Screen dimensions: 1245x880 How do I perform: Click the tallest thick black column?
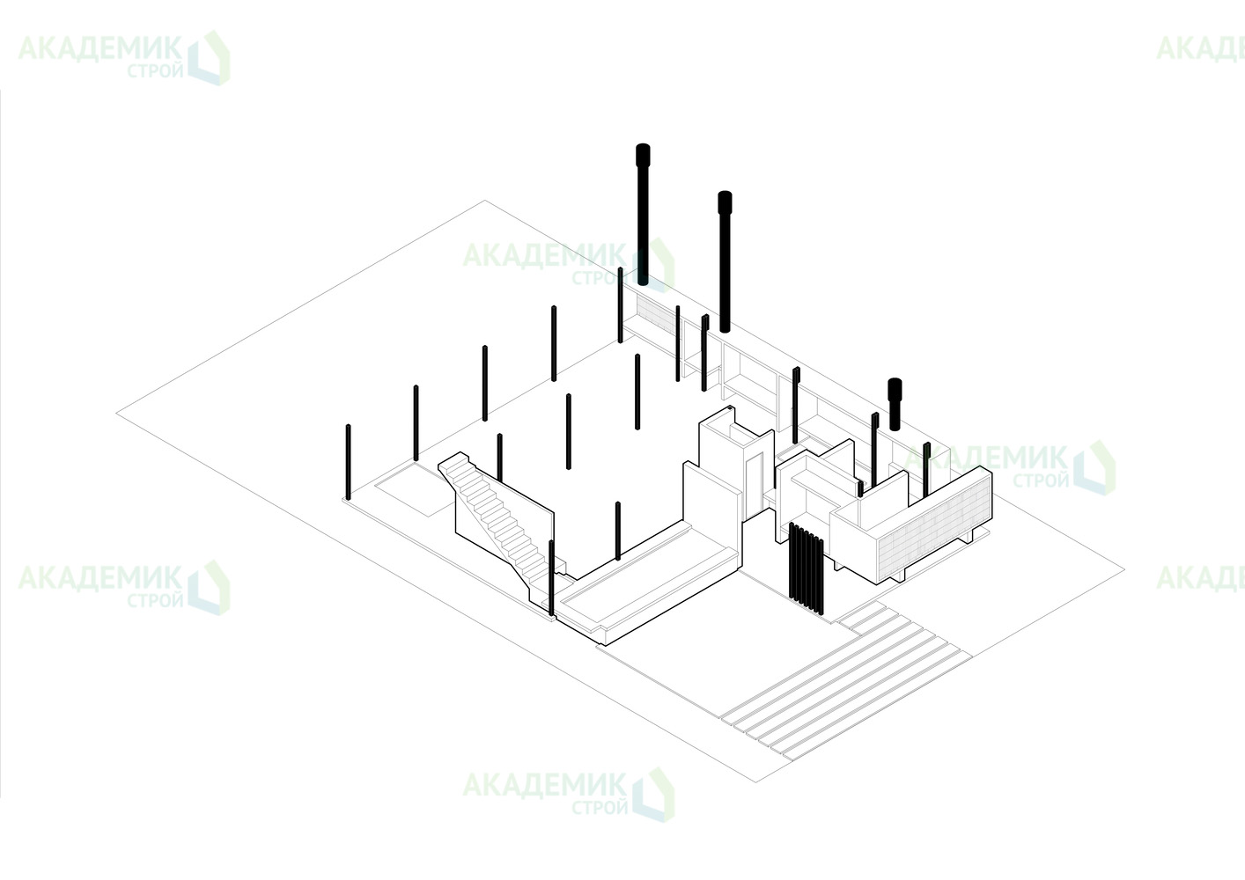pos(643,215)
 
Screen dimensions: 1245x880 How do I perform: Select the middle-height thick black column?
pos(725,261)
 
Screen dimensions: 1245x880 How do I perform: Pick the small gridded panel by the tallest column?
pos(655,315)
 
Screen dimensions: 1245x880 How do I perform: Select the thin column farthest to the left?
pos(348,462)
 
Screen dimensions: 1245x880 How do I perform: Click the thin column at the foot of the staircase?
pos(551,577)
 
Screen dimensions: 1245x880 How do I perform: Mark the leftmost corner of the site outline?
pos(116,414)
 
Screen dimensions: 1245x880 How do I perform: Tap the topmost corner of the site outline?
pos(484,201)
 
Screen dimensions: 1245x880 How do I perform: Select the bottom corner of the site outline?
pos(756,782)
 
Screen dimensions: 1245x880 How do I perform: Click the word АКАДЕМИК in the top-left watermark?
pos(100,49)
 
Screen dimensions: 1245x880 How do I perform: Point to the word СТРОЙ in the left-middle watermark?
pos(155,600)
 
